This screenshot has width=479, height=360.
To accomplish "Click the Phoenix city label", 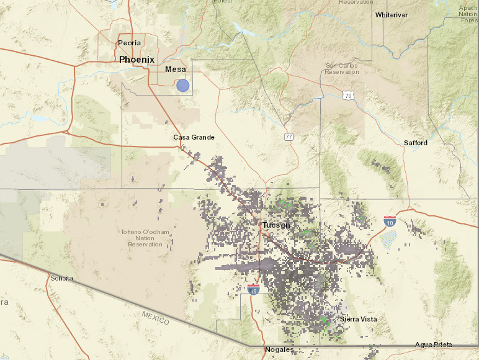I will click(x=137, y=60).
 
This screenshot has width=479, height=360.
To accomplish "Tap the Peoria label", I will click(x=129, y=43).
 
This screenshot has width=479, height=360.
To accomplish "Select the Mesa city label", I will click(x=175, y=70).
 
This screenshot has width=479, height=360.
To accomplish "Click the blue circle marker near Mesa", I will click(x=182, y=86).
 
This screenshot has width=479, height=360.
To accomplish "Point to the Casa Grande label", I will click(x=194, y=137).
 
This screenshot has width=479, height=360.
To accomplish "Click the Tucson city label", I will click(x=276, y=225).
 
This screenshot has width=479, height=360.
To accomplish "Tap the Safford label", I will click(x=416, y=143).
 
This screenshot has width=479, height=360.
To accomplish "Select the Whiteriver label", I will click(x=392, y=14).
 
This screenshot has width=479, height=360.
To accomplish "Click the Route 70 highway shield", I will click(x=349, y=96).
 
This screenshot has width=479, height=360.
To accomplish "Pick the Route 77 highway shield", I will click(x=289, y=137).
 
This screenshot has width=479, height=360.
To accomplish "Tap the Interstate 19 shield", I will click(x=253, y=289).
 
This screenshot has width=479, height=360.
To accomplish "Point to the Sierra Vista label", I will click(x=358, y=319).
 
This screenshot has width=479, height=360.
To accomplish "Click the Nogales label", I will click(x=279, y=350).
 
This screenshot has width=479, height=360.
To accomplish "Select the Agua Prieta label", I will click(x=434, y=344).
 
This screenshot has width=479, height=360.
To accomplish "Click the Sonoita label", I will click(x=61, y=278).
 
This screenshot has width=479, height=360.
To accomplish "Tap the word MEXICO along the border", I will click(x=155, y=317).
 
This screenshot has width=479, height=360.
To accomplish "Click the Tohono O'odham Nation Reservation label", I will click(x=145, y=238).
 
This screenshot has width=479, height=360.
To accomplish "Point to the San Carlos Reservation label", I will click(x=342, y=68).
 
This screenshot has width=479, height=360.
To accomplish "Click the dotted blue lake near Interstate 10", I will click(x=388, y=238).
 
